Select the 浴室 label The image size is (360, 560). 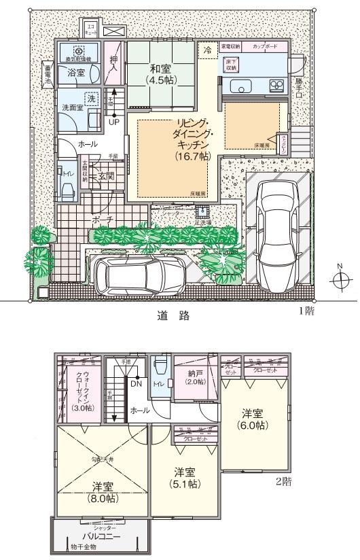point(75,72)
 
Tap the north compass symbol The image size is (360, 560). point(342,280)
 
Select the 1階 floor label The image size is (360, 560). point(306,311)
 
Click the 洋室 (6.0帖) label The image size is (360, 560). point(255,418)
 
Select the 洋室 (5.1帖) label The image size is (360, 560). point(183,478)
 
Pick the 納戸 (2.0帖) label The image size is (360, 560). point(195,377)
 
